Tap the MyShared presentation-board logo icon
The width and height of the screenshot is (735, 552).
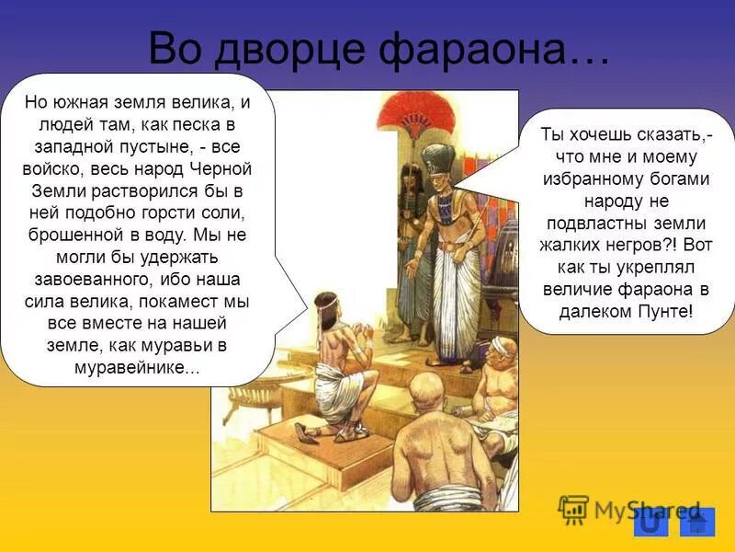(573, 509)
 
